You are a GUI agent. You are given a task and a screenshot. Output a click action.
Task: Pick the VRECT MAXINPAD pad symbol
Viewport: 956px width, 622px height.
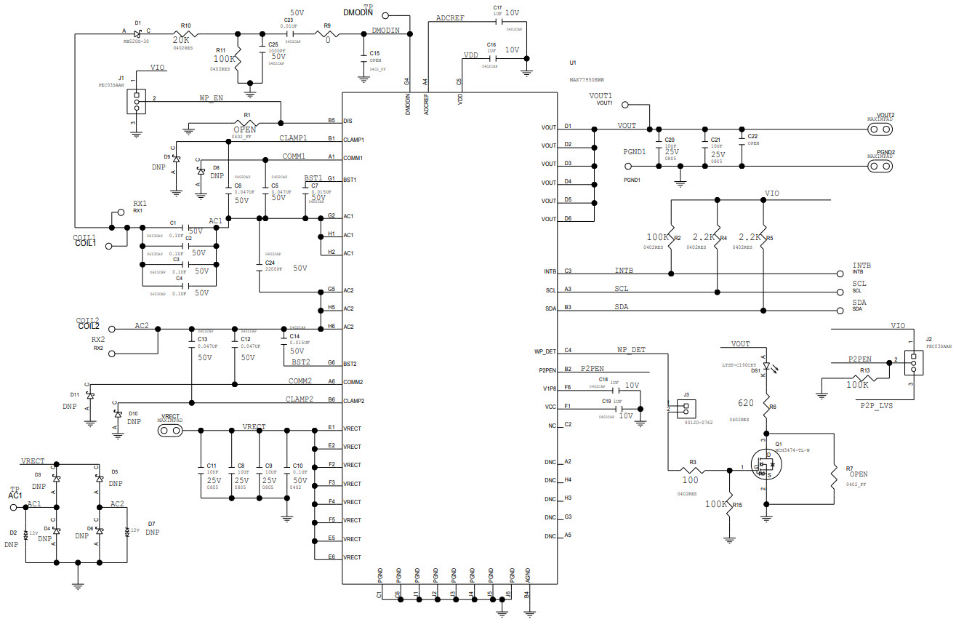pos(172,430)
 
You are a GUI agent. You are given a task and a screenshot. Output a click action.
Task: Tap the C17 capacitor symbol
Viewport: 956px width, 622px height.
pos(498,22)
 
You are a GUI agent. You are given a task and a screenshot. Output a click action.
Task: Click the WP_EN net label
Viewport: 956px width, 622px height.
pos(211,97)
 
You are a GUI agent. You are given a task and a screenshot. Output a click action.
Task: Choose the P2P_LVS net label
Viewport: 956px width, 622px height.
pos(876,405)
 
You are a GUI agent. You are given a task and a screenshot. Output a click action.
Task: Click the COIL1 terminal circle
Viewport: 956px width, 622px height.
pos(109,247)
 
